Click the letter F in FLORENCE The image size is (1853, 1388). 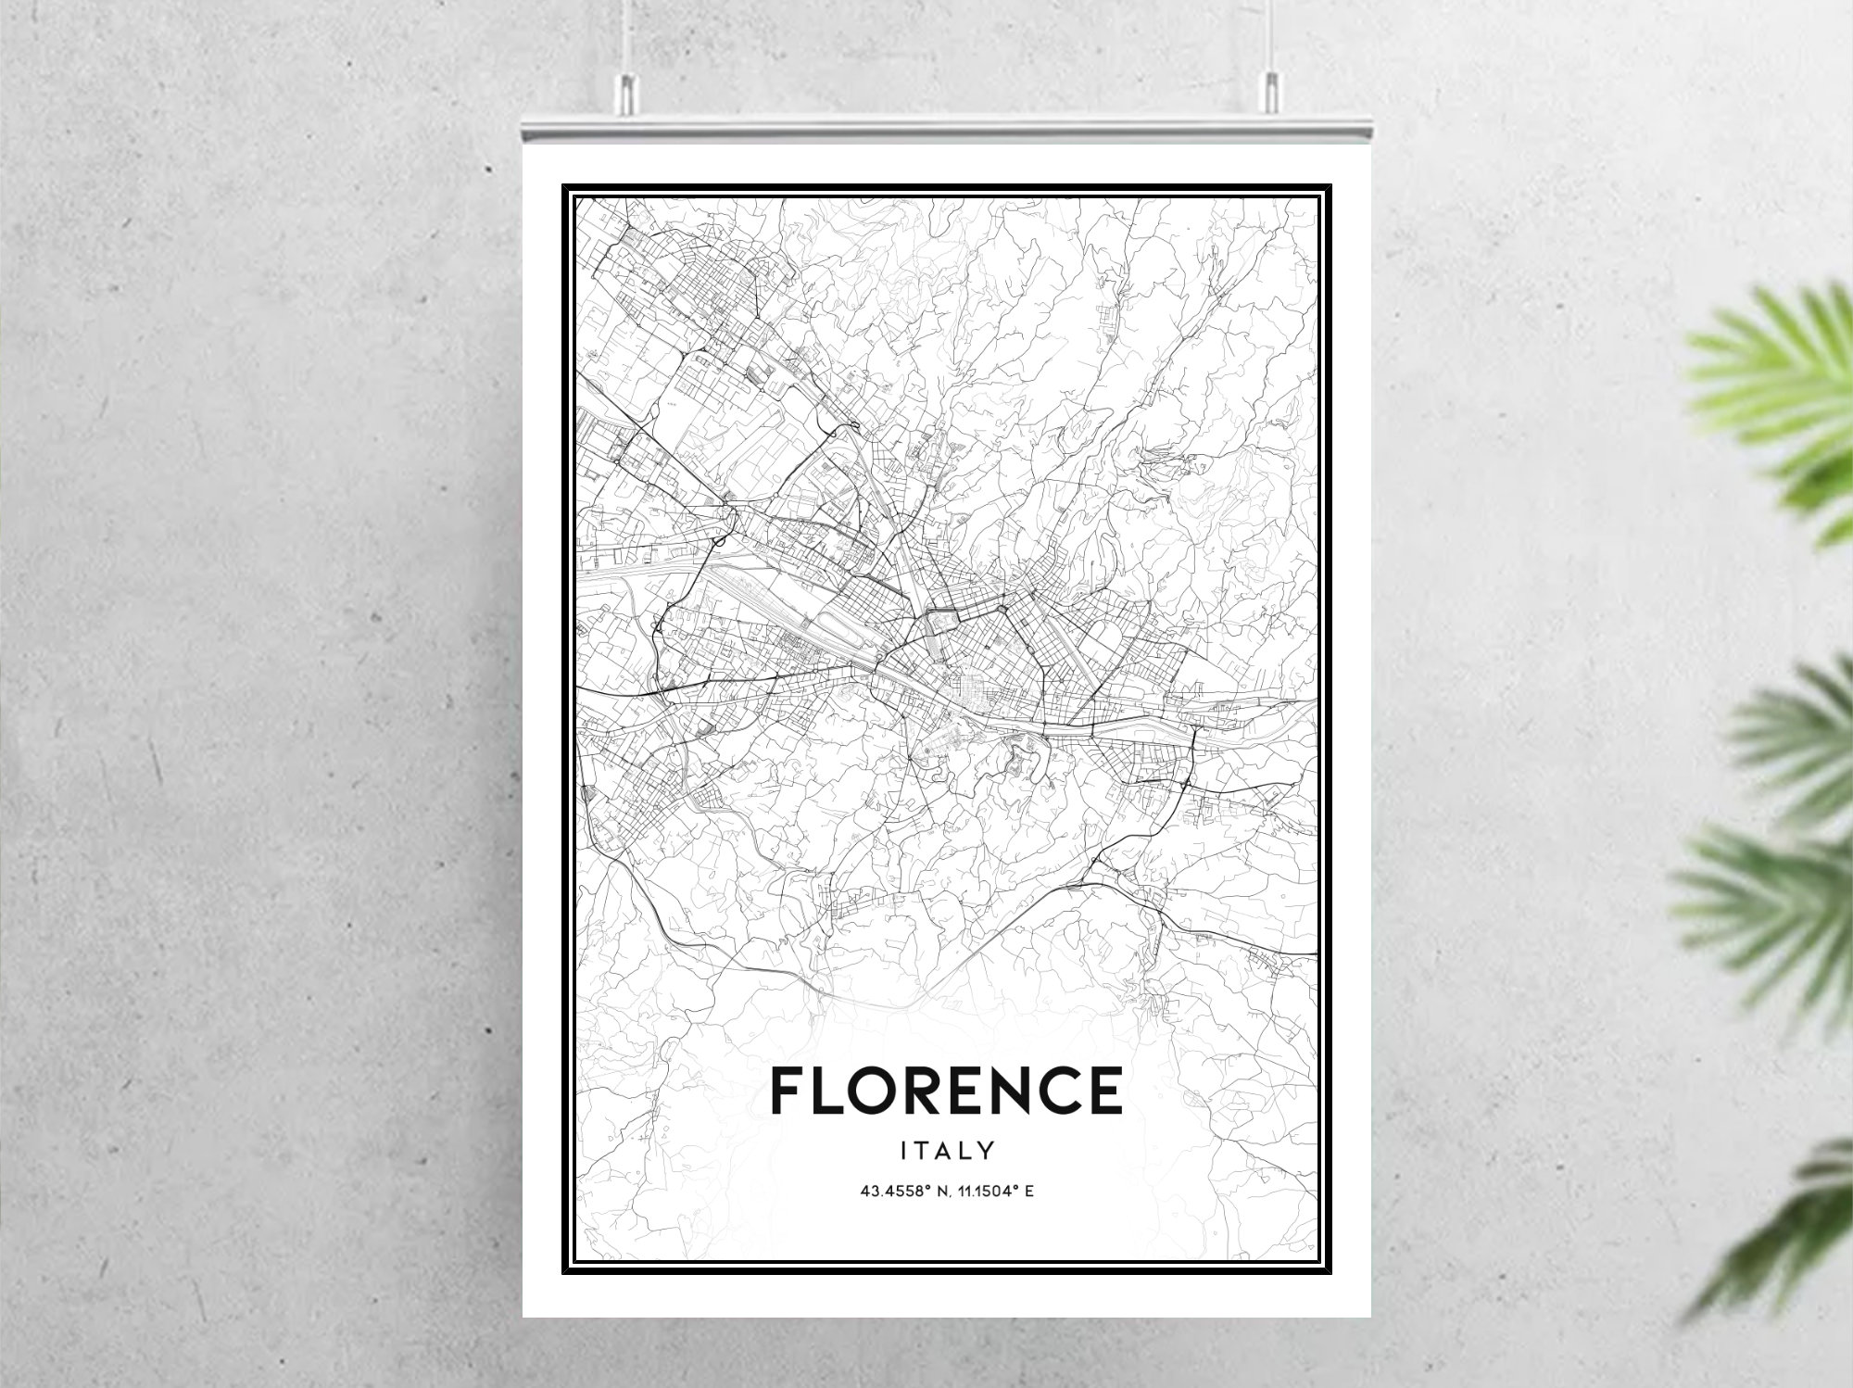[x=788, y=1090]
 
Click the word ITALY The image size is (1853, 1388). [x=948, y=1151]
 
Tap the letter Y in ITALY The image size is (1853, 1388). [x=987, y=1151]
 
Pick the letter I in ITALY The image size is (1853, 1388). [x=905, y=1151]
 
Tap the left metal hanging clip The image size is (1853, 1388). [x=626, y=94]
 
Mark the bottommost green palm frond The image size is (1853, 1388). [x=1779, y=1242]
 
